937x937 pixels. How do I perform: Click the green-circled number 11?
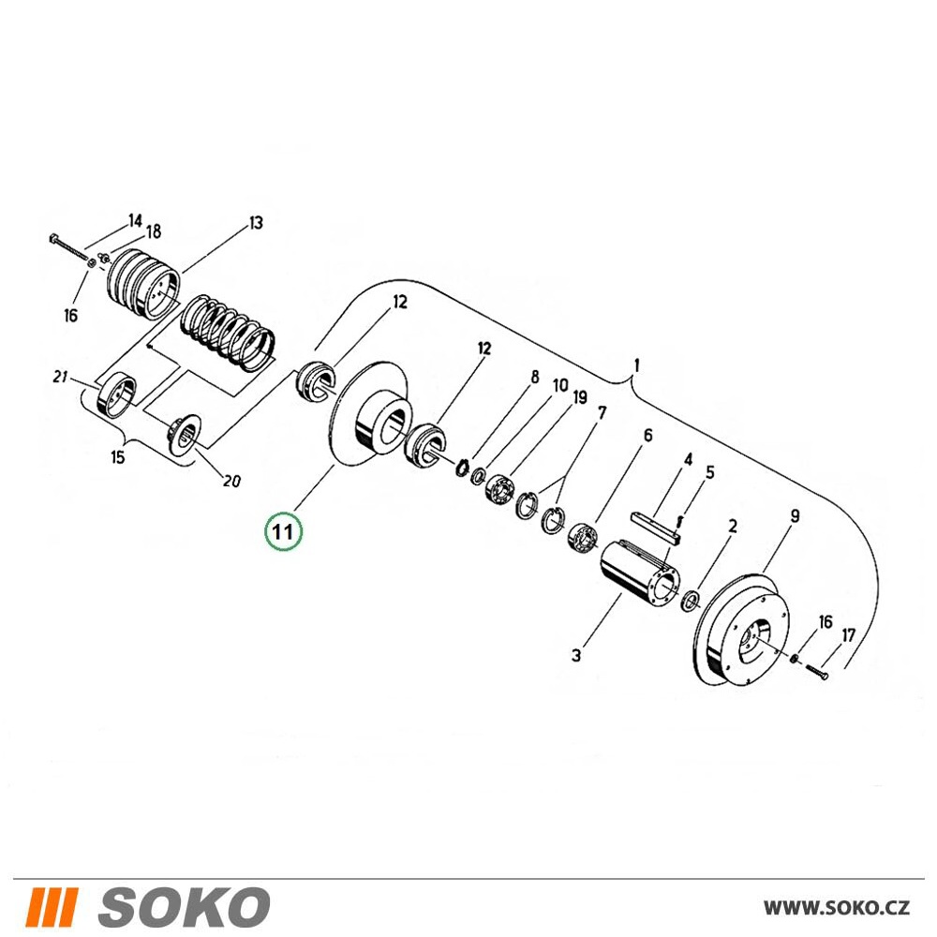[x=284, y=530]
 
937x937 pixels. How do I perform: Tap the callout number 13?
[x=255, y=224]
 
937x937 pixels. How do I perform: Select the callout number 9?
[x=795, y=515]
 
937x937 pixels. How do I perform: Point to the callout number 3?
[x=575, y=655]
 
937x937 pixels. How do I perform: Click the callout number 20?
[x=231, y=480]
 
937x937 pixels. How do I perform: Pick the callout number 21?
[x=60, y=377]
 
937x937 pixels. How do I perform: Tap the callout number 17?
[x=849, y=635]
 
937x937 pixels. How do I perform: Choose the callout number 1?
[x=637, y=364]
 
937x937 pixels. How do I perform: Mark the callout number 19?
[x=579, y=397]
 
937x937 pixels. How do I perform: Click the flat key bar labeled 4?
[x=656, y=527]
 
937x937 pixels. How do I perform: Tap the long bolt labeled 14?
[x=70, y=249]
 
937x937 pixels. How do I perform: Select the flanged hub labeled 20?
[x=185, y=435]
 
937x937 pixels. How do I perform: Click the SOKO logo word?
[x=184, y=906]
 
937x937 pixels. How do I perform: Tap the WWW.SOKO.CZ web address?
[x=837, y=908]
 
